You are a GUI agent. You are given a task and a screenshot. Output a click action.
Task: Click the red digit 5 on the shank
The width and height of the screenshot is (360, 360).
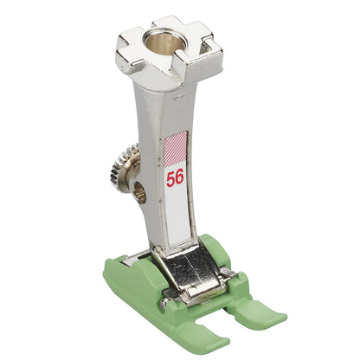click(170, 179)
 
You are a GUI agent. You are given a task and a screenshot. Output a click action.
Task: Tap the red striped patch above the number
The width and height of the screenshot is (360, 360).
click(176, 149)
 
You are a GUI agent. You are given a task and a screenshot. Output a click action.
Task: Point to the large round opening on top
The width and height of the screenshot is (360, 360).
click(165, 42)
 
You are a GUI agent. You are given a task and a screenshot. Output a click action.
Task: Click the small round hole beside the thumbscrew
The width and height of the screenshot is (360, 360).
click(140, 193)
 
